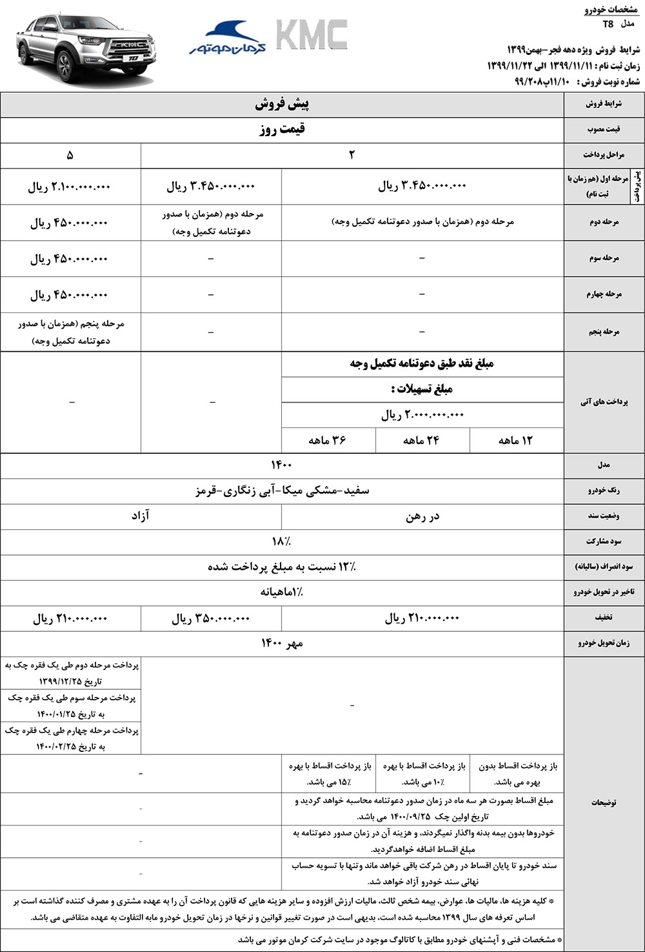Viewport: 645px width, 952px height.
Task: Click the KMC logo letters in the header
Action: point(312,35)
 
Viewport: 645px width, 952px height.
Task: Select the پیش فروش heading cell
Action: point(282,104)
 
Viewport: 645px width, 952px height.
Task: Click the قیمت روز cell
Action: point(282,129)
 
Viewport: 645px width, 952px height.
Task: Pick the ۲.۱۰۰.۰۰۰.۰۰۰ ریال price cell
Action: point(70,187)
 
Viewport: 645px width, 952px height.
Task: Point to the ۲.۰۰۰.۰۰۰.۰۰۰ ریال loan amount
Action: point(422,414)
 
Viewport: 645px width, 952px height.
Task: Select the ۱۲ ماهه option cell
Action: point(516,440)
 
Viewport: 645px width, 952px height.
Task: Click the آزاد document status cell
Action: point(140,516)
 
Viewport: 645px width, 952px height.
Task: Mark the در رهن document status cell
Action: point(422,516)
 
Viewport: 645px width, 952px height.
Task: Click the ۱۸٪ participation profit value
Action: point(282,542)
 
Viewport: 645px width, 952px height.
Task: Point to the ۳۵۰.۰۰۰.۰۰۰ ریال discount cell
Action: point(210,618)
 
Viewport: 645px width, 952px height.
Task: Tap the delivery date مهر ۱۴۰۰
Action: point(282,643)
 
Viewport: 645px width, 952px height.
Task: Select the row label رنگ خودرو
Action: point(604,491)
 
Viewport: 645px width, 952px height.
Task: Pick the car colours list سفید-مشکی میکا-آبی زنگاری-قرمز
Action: point(282,491)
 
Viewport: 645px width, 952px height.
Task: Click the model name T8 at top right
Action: point(608,24)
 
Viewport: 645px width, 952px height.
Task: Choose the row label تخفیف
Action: point(604,618)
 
